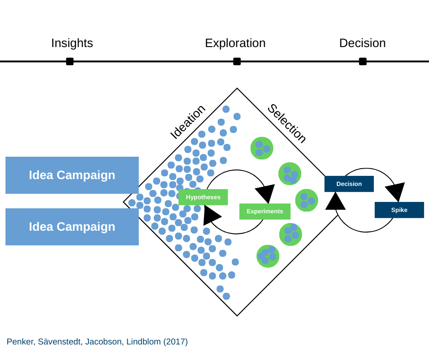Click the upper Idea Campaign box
(x=72, y=175)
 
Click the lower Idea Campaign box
(x=72, y=227)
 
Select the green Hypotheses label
(x=203, y=197)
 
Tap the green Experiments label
(x=265, y=212)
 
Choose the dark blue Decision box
(x=349, y=184)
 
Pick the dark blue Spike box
(x=399, y=210)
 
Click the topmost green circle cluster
(x=262, y=148)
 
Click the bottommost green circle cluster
(x=268, y=256)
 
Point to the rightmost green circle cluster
(x=306, y=200)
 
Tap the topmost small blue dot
(x=226, y=109)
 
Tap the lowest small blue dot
(x=226, y=296)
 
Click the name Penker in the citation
(x=20, y=342)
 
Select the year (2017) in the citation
(x=176, y=342)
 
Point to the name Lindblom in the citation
(x=144, y=342)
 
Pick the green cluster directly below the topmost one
(x=290, y=174)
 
